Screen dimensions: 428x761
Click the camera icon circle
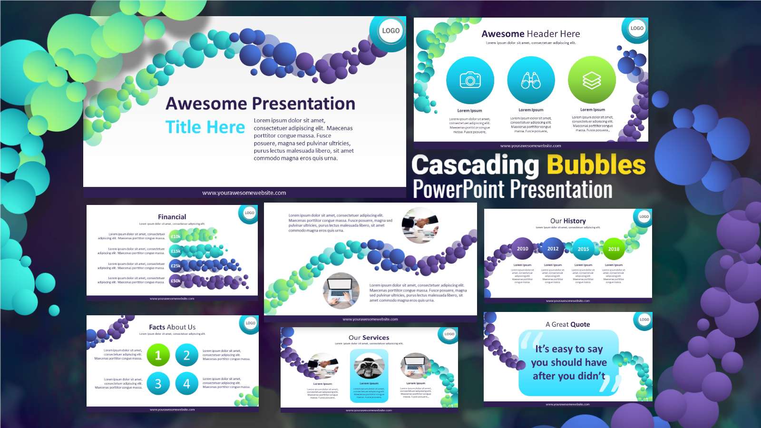tap(470, 80)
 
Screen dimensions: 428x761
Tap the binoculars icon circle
tap(531, 80)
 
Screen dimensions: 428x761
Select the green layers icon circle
tap(592, 80)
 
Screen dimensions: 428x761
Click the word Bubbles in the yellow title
tap(596, 165)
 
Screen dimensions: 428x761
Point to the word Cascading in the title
tap(475, 165)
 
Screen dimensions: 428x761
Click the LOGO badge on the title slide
tap(390, 30)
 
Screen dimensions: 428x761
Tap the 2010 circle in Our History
tap(522, 249)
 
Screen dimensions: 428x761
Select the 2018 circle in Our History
tap(614, 249)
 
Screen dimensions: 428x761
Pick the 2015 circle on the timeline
tap(583, 249)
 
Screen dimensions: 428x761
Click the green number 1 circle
tap(158, 356)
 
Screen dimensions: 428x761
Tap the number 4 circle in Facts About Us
tap(186, 383)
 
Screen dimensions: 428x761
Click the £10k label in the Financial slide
tap(176, 236)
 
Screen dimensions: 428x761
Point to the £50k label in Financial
tap(176, 281)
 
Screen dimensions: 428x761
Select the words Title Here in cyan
tap(205, 127)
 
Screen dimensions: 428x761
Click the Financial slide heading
tap(172, 217)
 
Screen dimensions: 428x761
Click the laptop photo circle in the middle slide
tap(341, 291)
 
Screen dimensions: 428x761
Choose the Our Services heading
tap(369, 338)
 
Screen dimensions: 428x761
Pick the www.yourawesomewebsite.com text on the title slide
tap(244, 193)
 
